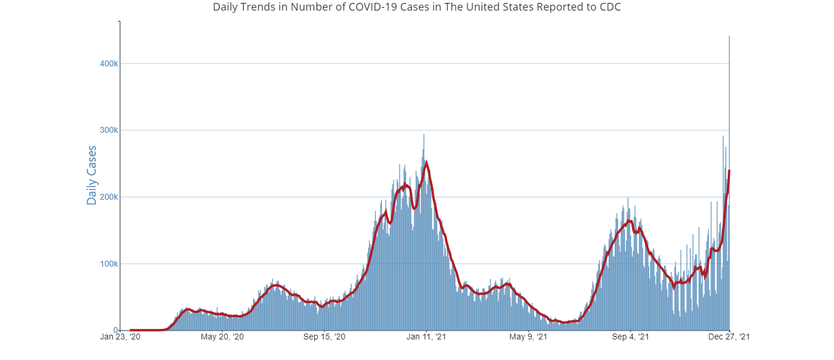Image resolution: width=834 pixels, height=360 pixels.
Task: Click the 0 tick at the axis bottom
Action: coord(115,330)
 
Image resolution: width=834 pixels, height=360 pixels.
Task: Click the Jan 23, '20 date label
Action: coord(120,337)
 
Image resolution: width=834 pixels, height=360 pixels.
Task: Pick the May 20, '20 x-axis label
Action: coord(222,337)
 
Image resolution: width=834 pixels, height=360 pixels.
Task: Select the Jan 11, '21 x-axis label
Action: coord(426,337)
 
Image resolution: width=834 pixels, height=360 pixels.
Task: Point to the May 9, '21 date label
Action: coord(529,337)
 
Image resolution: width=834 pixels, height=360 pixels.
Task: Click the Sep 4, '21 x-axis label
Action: coord(630,337)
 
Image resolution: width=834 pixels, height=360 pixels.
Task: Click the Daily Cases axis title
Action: coord(92,175)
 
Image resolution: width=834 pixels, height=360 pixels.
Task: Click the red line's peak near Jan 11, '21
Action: coord(426,162)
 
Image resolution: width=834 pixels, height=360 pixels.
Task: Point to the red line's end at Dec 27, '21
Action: coord(729,171)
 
